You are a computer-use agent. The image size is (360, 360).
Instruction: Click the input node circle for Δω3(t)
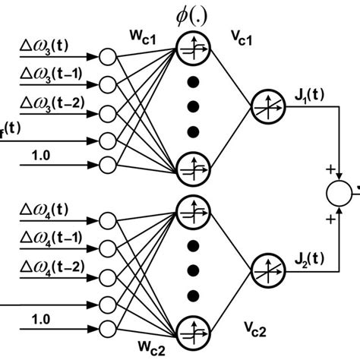(109, 57)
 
